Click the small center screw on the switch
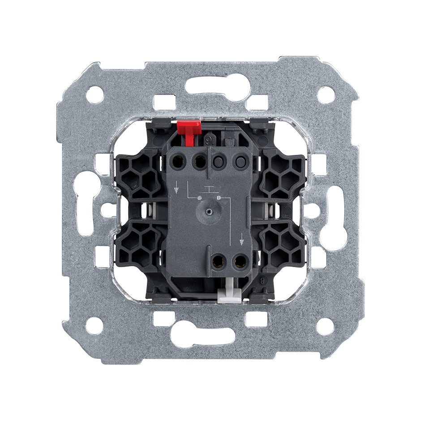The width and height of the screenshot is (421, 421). coord(209,209)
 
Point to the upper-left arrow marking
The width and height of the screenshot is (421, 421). coord(179,187)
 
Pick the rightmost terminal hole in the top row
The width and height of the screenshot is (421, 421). coord(240,160)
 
